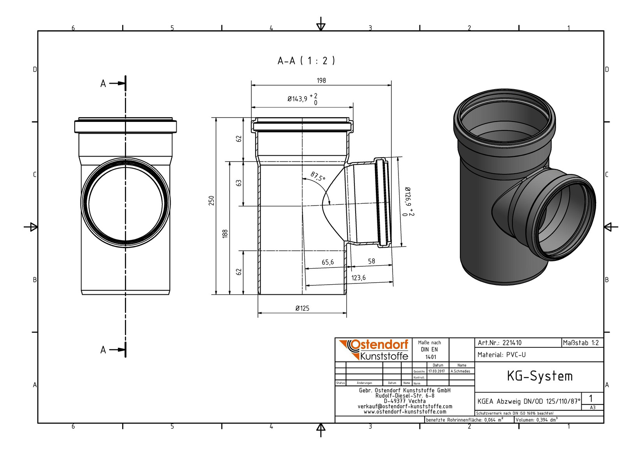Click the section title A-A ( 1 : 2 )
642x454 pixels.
(306, 61)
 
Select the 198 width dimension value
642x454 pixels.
(321, 81)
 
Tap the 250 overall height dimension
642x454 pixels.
(211, 201)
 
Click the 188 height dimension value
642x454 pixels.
(225, 234)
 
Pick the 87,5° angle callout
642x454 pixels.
(318, 176)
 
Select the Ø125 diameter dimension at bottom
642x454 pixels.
(302, 308)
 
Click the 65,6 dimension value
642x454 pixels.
(328, 262)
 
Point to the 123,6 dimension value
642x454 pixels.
(358, 278)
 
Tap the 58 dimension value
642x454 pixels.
(372, 261)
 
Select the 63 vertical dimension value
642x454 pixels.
(239, 183)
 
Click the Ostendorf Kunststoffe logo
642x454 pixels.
(374, 350)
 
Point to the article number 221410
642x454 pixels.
(512, 343)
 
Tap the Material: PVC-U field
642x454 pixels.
(502, 355)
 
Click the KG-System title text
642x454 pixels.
(540, 376)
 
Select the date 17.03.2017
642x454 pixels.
(437, 371)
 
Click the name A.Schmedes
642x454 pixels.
(460, 371)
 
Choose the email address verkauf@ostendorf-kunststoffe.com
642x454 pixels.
(405, 406)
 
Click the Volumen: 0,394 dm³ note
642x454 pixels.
(537, 420)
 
